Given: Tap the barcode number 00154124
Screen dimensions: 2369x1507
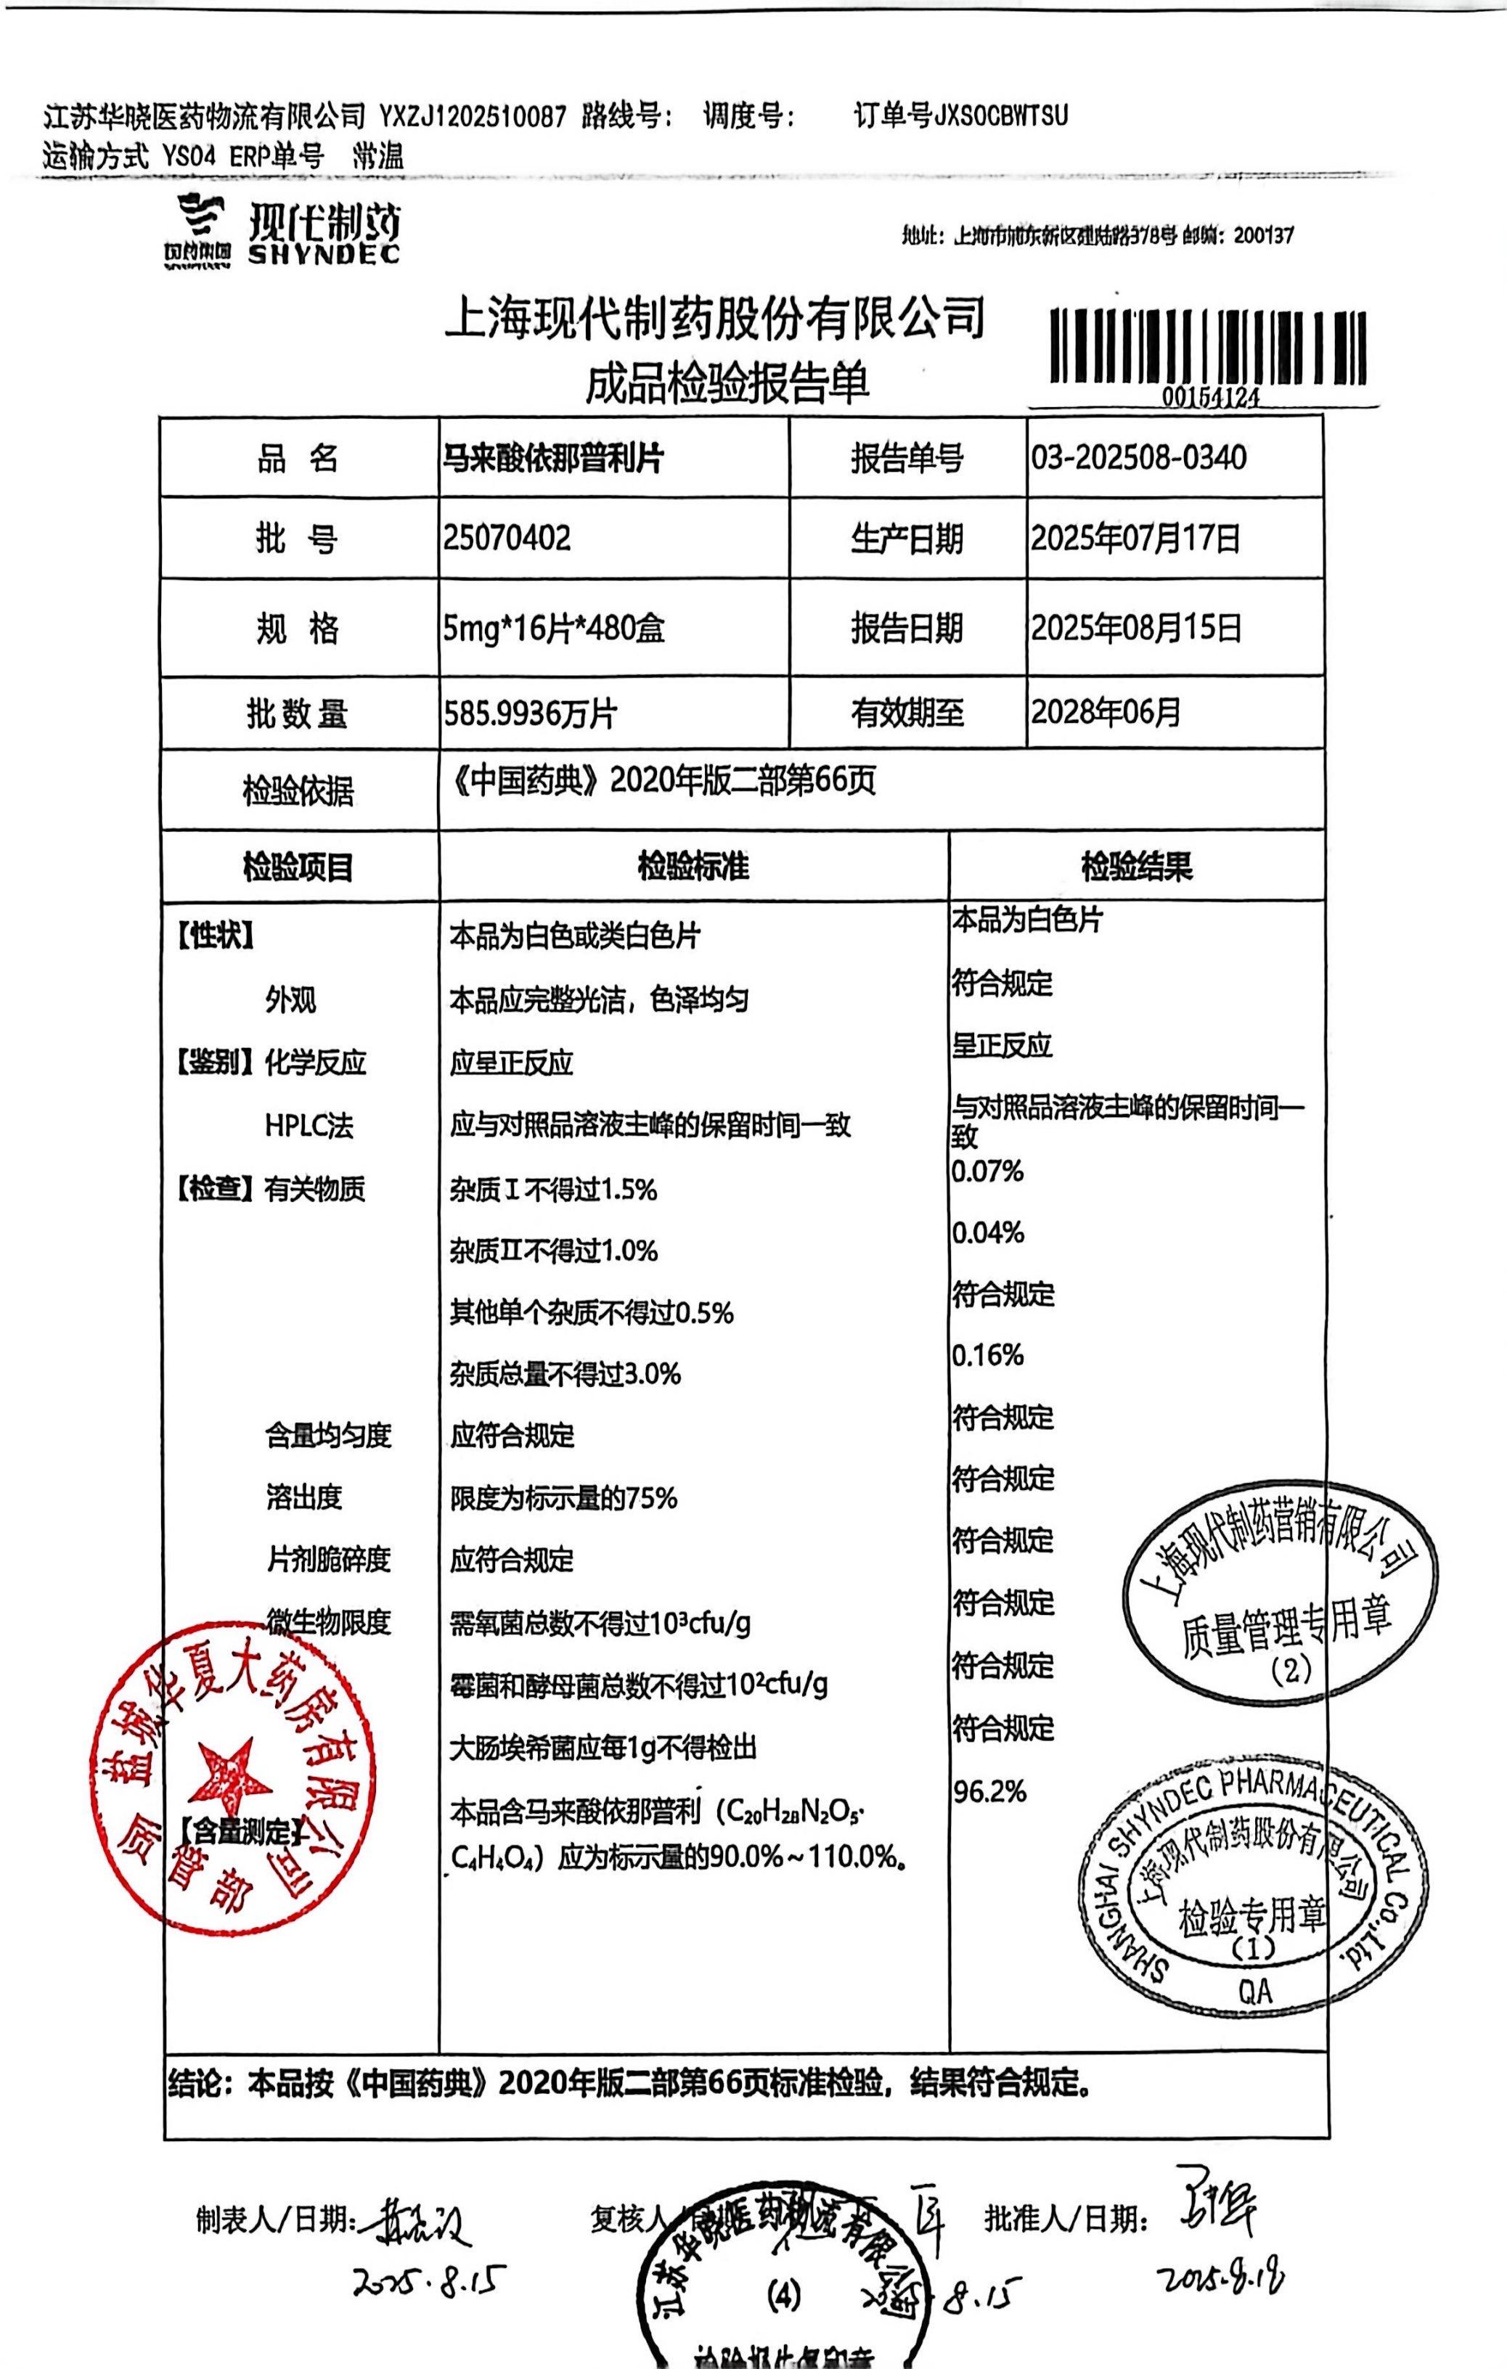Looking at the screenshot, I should coord(1210,398).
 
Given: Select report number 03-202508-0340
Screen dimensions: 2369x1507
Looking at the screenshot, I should coord(1138,457).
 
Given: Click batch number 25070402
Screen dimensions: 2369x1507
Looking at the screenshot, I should coord(507,538).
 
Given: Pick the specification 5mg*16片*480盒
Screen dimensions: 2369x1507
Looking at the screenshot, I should coord(553,628).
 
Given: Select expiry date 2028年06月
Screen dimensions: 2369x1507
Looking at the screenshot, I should coord(1105,712).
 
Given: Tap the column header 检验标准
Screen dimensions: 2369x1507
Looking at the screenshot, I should coord(693,867).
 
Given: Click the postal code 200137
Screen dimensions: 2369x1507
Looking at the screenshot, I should coord(1263,235).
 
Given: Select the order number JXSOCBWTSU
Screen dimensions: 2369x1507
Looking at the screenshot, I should coord(1000,116).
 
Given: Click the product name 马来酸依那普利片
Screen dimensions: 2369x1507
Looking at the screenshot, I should coord(553,457).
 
